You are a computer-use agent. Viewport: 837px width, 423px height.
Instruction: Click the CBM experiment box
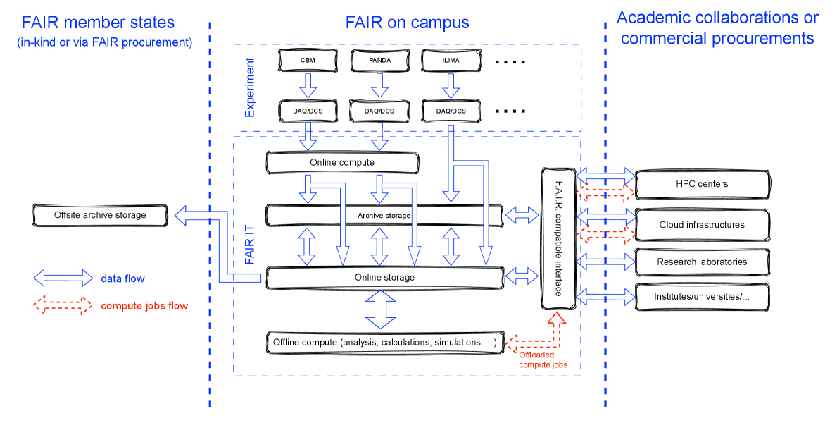pos(308,61)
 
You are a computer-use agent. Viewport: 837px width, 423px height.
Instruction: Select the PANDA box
pos(379,61)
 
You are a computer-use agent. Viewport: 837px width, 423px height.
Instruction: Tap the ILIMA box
pos(451,61)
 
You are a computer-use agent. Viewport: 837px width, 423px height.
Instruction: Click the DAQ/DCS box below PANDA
pos(379,111)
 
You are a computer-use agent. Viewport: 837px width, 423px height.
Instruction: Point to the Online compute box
pos(342,163)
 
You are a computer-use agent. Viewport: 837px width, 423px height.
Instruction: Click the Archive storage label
pos(384,216)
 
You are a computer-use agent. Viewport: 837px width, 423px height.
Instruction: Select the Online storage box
pos(384,277)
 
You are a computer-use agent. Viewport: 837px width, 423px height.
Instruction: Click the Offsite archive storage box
pos(100,215)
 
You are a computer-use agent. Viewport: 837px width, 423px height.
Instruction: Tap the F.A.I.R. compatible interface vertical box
pos(558,238)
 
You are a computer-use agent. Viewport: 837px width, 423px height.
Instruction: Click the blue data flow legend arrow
pos(63,278)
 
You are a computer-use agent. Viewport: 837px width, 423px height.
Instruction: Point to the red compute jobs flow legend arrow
pos(63,305)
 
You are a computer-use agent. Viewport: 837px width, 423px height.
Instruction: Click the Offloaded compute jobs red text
pos(543,360)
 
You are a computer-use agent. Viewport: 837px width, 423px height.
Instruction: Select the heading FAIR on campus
pos(408,23)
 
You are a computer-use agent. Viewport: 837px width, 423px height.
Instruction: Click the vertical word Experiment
pos(249,87)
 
